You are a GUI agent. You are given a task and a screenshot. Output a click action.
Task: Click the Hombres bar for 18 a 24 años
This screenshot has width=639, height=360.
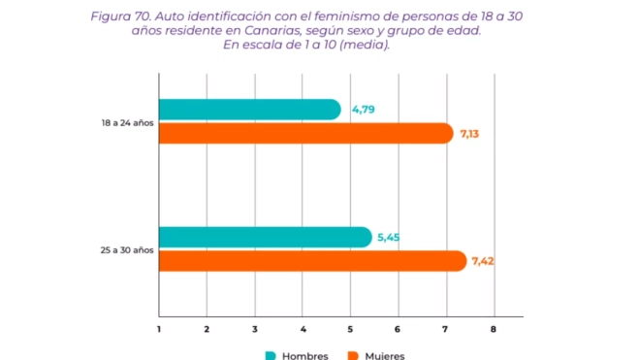coord(249,110)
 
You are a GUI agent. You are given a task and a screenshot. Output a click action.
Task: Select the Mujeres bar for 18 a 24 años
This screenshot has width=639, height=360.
coord(304,133)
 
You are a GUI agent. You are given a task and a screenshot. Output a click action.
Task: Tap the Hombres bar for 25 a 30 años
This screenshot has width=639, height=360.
coord(265,237)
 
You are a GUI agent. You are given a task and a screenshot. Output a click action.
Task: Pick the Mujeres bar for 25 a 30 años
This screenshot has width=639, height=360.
coord(311,261)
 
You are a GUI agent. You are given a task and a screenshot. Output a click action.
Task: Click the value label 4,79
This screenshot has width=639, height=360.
coord(363,110)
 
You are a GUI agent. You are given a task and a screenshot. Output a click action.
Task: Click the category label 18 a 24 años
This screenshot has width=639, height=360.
coord(128,122)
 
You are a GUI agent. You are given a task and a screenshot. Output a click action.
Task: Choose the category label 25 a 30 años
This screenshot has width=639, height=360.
coord(128,249)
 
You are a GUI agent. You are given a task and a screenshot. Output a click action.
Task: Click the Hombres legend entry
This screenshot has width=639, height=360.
coord(296,354)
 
